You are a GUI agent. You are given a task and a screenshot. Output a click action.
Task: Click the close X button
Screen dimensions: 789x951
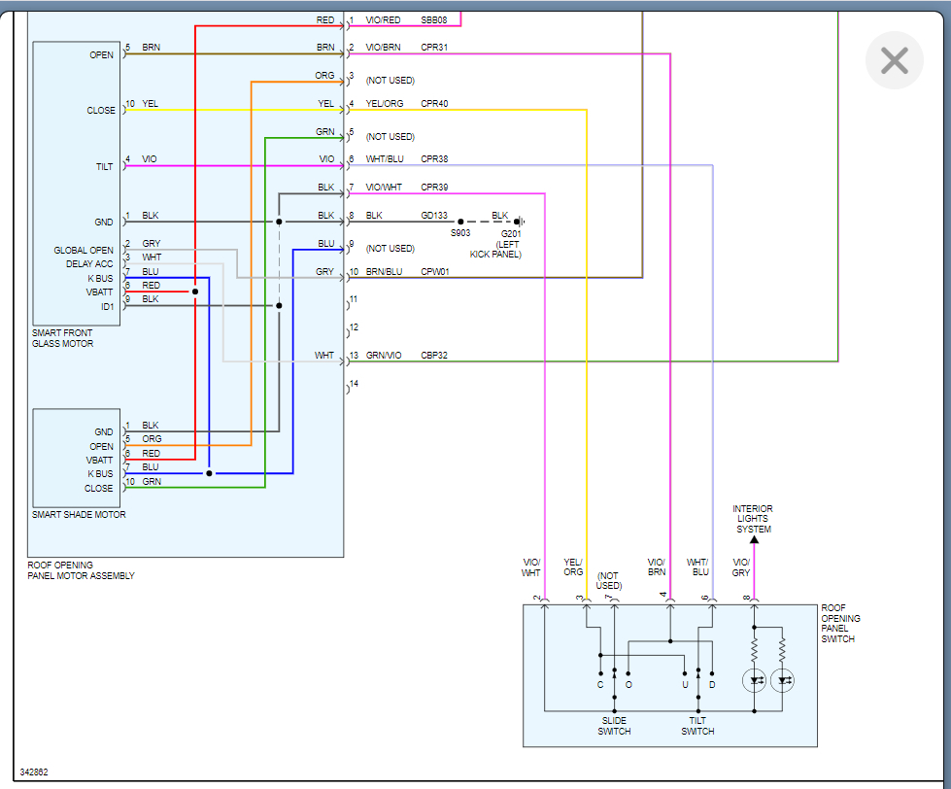[x=894, y=60]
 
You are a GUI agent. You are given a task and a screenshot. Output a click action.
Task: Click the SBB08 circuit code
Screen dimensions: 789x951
[x=434, y=19]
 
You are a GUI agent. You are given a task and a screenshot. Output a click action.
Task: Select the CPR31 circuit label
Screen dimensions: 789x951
[x=434, y=48]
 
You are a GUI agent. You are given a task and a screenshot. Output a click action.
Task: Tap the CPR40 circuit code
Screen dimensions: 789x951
[x=434, y=104]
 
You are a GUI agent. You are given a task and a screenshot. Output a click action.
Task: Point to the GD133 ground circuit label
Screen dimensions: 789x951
[x=434, y=216]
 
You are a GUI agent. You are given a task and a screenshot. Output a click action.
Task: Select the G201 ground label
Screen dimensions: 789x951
[x=510, y=234]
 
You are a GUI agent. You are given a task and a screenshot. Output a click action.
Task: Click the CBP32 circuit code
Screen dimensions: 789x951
[x=434, y=356]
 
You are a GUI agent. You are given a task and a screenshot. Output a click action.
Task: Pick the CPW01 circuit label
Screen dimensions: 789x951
[x=435, y=272]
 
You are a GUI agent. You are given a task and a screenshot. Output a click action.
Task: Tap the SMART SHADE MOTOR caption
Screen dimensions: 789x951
[x=79, y=515]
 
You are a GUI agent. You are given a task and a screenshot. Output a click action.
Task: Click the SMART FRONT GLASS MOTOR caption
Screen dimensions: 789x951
[x=63, y=338]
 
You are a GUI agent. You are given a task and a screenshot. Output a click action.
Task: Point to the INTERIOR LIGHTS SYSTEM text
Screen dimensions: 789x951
[x=753, y=519]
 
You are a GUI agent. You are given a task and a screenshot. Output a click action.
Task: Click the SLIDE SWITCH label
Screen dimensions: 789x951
[x=614, y=726]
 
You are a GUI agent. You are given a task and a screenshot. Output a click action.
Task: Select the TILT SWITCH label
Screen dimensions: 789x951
[x=697, y=726]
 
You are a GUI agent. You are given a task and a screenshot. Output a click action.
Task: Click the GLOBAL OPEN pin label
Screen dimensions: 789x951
[x=84, y=251]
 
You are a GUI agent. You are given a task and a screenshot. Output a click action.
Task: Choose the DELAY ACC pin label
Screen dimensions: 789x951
[x=89, y=264]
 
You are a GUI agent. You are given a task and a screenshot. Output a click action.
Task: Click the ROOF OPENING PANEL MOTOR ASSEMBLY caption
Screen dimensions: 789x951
[x=81, y=570]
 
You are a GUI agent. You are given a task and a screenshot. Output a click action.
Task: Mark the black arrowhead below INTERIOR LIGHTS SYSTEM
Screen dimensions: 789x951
[x=754, y=539]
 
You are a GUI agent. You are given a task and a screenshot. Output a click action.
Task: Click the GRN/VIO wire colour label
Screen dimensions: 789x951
[x=383, y=356]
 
